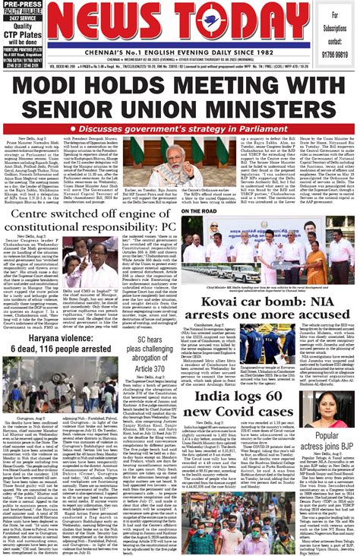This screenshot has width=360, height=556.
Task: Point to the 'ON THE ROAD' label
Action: coord(198,211)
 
